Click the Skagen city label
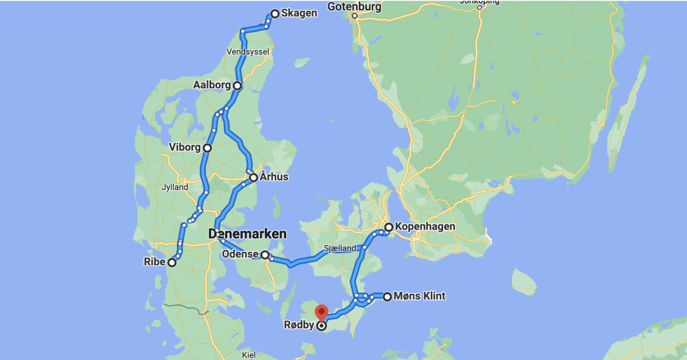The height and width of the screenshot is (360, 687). (299, 13)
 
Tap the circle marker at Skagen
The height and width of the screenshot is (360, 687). (275, 14)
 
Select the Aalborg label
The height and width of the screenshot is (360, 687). (211, 85)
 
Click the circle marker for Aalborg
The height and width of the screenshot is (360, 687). (237, 86)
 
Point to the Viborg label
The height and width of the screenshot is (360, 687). (184, 148)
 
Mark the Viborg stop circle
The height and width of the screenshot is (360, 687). (207, 148)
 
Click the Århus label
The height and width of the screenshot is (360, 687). (274, 177)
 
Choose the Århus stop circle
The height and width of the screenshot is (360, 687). (253, 177)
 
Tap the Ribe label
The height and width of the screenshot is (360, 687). (154, 262)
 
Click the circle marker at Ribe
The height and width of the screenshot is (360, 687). (171, 263)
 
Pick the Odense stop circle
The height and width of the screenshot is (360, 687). (265, 255)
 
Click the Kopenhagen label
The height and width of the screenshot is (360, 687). (425, 227)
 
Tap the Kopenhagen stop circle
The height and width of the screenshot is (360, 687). (389, 227)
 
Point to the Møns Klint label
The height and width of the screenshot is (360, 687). (420, 296)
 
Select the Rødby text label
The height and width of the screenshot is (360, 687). (299, 325)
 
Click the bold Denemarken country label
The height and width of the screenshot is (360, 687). (247, 234)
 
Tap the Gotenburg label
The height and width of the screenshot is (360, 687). (354, 7)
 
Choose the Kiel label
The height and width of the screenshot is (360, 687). (248, 355)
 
